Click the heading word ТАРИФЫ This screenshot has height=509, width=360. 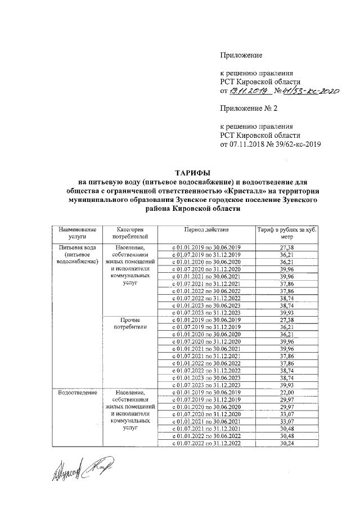[x=193, y=173]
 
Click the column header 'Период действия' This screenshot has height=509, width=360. [x=206, y=231]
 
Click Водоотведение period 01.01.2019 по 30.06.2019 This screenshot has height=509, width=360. [x=206, y=393]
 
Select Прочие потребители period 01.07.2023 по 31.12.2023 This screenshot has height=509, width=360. [x=206, y=385]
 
